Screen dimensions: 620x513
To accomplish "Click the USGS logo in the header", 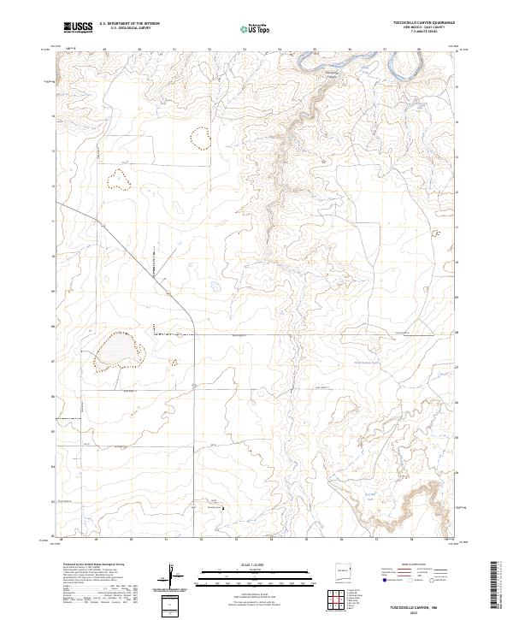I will point(77,27).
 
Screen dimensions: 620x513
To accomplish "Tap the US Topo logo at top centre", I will point(254,28).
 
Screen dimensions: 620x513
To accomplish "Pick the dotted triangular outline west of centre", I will point(118,178).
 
